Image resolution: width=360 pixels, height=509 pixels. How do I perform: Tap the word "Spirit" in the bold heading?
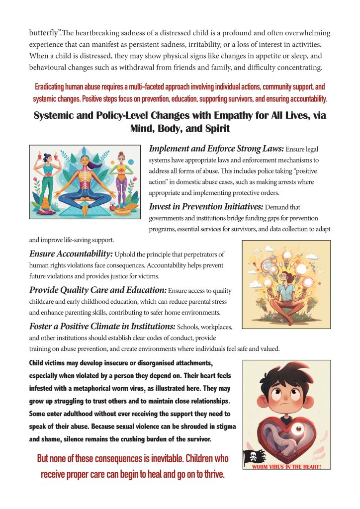(214, 129)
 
